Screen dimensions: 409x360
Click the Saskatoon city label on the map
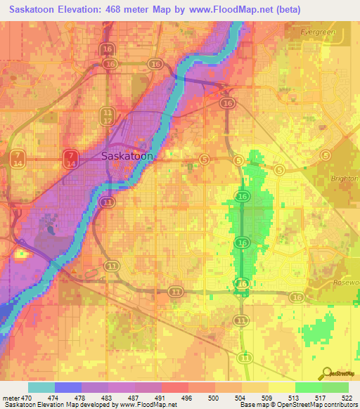pyautogui.click(x=127, y=156)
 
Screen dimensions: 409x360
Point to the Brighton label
pyautogui.click(x=345, y=178)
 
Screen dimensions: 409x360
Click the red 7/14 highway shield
pyautogui.click(x=70, y=158)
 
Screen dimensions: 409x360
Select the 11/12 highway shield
pyautogui.click(x=107, y=116)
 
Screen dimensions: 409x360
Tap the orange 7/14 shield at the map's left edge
pyautogui.click(x=18, y=158)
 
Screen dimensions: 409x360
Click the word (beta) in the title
pyautogui.click(x=281, y=10)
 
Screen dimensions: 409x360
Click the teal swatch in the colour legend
pyautogui.click(x=41, y=387)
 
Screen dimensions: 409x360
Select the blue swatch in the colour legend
pyautogui.click(x=68, y=387)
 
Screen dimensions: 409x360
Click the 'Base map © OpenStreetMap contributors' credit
pyautogui.click(x=299, y=405)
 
